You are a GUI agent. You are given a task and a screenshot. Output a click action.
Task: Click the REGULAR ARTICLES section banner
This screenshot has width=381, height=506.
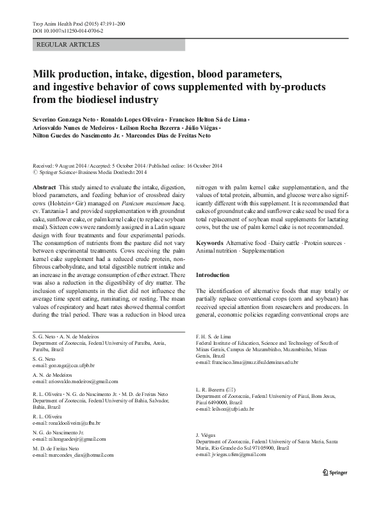(69, 45)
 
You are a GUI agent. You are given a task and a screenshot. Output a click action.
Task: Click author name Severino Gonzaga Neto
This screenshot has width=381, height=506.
(67, 120)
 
